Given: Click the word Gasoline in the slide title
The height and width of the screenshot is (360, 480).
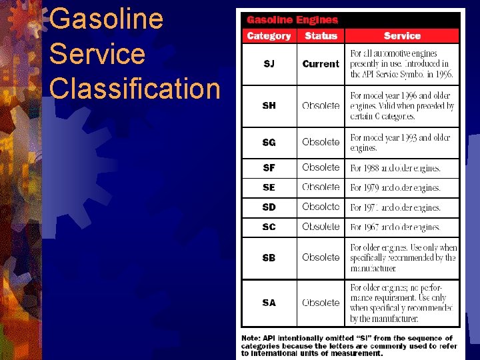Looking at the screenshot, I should click(106, 19).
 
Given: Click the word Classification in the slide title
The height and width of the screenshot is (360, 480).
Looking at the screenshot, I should click(135, 89).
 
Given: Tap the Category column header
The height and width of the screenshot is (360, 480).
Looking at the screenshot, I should click(269, 36).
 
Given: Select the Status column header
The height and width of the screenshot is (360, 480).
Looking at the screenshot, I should click(321, 36).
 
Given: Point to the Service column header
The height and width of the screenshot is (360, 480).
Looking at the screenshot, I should click(402, 36).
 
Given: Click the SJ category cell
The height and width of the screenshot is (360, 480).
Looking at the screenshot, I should click(269, 64).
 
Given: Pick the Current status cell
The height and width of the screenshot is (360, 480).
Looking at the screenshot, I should click(321, 64).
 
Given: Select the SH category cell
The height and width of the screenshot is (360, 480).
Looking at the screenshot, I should click(269, 105).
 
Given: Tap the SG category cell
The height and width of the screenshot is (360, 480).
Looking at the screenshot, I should click(269, 142).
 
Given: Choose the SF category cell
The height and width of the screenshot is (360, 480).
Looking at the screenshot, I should click(269, 168).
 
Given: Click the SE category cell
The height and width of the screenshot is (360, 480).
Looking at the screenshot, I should click(269, 187).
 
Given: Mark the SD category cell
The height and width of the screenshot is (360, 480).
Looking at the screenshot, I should click(269, 207).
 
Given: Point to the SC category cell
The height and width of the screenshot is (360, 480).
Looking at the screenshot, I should click(269, 227).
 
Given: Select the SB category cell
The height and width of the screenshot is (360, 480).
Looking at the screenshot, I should click(269, 257).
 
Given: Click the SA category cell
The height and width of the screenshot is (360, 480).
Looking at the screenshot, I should click(269, 303).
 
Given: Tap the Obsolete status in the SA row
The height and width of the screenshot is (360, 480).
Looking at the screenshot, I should click(321, 303).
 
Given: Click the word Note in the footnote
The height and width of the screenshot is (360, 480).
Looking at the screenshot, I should click(251, 338).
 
